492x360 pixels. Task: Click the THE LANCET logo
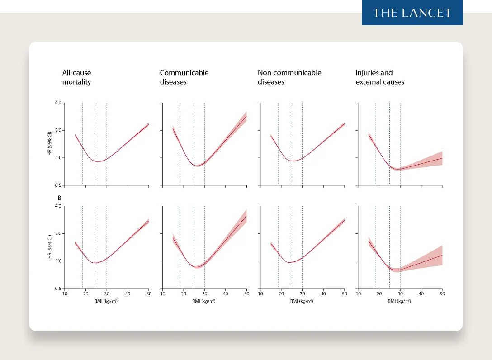click(412, 13)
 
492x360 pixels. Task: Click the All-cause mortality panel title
click(76, 77)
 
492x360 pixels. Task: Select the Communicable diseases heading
click(184, 77)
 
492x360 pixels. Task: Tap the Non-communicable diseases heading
click(289, 77)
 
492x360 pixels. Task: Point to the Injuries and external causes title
click(380, 77)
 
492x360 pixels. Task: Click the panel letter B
click(59, 198)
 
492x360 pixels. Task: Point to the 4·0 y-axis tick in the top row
click(58, 103)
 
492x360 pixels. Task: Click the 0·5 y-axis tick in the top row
click(58, 185)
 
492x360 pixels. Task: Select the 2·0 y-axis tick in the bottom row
click(58, 234)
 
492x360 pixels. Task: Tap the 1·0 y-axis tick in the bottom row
click(58, 261)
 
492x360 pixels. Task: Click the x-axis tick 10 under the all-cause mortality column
click(65, 294)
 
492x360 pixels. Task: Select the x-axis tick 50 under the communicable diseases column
click(246, 294)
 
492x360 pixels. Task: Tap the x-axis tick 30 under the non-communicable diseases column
click(302, 294)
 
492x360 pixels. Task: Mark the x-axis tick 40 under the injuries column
click(421, 294)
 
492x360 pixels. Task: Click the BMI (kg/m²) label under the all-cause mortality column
click(106, 301)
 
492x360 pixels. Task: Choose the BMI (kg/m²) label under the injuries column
click(399, 301)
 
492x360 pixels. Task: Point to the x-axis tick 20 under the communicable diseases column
click(184, 294)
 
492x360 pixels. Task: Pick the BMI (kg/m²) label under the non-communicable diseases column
click(302, 301)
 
